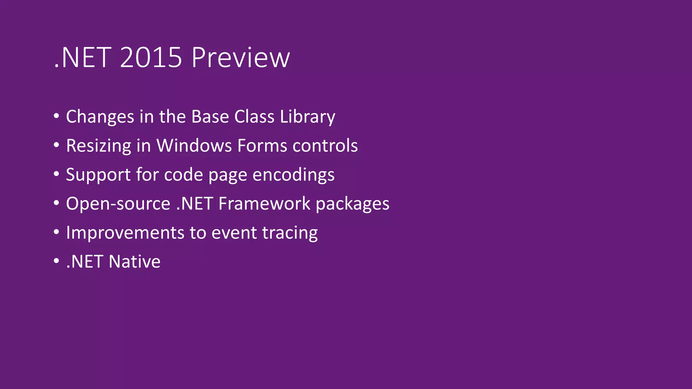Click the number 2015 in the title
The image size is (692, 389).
coord(151,57)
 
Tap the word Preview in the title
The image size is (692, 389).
coord(241,57)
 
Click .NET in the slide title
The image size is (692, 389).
coord(82,57)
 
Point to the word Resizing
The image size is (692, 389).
coord(98,146)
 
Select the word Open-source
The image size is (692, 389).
coord(118,204)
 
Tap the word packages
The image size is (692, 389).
coord(352,204)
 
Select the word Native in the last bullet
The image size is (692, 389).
coord(134,262)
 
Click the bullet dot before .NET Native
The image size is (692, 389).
coord(56,261)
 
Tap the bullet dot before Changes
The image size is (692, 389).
coord(56,116)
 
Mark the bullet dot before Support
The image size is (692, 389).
coord(56,174)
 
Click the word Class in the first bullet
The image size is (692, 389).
coord(254,116)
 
